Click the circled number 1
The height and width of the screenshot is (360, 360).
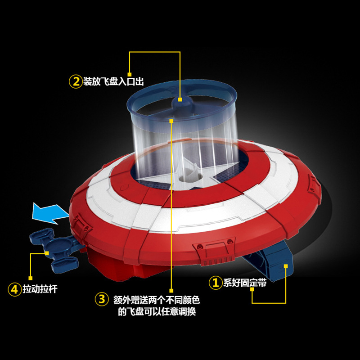[216, 283]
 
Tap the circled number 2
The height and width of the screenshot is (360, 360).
[76, 81]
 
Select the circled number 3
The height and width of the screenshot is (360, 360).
[102, 299]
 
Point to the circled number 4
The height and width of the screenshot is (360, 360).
[14, 289]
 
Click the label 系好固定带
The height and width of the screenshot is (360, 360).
[245, 283]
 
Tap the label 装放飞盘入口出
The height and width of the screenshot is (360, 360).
[113, 81]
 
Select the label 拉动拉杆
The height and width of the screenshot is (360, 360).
[40, 289]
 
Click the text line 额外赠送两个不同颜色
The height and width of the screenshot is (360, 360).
[157, 300]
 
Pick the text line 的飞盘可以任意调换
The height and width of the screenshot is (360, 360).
[157, 311]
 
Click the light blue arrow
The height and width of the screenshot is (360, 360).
[50, 213]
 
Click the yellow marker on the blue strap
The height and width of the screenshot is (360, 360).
[286, 266]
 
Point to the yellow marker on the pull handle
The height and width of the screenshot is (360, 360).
[47, 253]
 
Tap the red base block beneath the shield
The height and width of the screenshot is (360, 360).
[129, 266]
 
